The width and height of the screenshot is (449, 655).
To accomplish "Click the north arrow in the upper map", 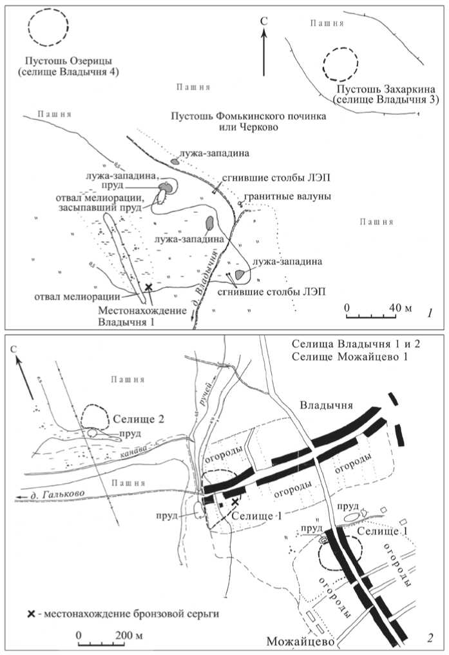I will pos(263,52).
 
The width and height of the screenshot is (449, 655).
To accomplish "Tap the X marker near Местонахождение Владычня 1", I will pos(149,287).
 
